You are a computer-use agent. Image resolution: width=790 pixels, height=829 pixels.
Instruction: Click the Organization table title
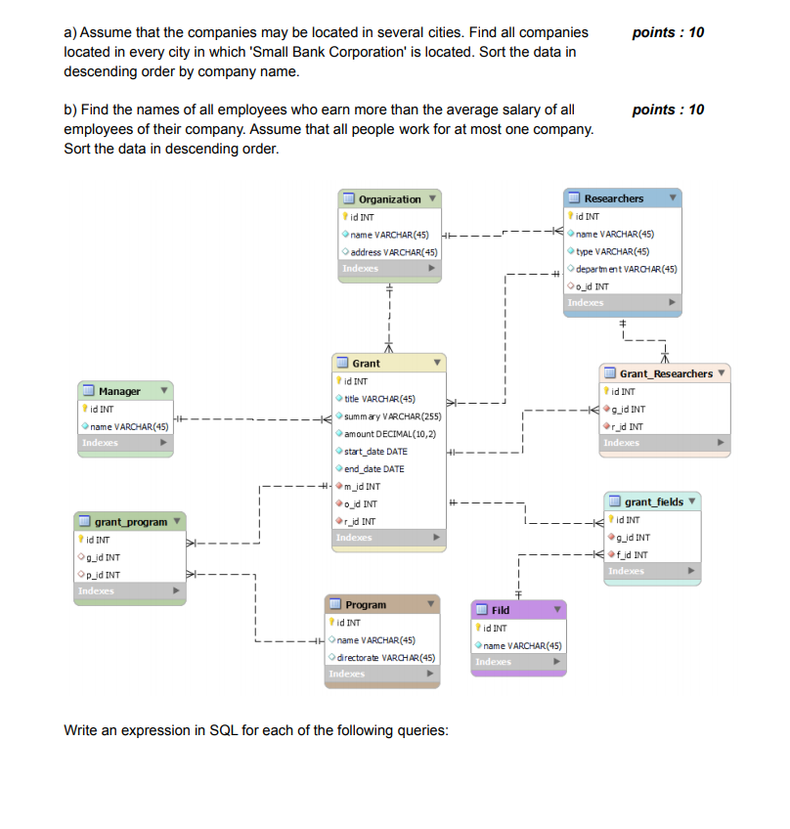point(389,199)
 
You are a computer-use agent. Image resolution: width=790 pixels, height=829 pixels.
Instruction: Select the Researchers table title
point(613,198)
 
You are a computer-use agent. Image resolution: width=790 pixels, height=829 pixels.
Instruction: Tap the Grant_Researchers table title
point(665,373)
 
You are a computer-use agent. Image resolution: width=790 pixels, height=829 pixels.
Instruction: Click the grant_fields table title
point(653,502)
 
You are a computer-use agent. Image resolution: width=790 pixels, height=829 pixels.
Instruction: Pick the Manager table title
point(119,391)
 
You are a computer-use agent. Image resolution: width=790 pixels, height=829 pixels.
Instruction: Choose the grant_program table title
point(130,522)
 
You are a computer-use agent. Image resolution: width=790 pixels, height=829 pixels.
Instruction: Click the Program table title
point(366,605)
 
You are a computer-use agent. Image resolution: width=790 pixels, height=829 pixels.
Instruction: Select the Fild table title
point(501,609)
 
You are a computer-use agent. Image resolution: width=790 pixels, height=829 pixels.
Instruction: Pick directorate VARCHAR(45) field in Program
point(387,657)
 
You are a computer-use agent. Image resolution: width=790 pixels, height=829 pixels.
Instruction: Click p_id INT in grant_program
point(103,575)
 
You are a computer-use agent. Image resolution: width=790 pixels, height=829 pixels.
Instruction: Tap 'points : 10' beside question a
point(668,32)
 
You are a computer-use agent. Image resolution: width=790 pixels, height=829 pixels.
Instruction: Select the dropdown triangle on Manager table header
point(164,391)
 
